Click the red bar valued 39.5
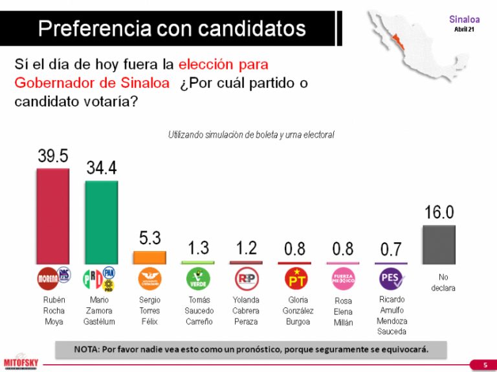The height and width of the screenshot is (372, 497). (53, 216)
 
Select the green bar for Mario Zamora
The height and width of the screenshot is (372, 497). (102, 222)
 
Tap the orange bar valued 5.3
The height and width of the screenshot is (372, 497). (149, 257)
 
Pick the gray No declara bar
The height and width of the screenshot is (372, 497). (439, 244)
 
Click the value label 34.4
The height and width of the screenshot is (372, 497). (102, 168)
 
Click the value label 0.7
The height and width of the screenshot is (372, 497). (390, 249)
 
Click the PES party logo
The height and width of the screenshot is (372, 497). (391, 279)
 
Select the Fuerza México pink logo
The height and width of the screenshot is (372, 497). (342, 279)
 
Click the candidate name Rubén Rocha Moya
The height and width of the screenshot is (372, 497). (53, 311)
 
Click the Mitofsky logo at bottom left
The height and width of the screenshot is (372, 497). (19, 360)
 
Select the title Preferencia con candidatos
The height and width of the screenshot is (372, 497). (171, 28)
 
